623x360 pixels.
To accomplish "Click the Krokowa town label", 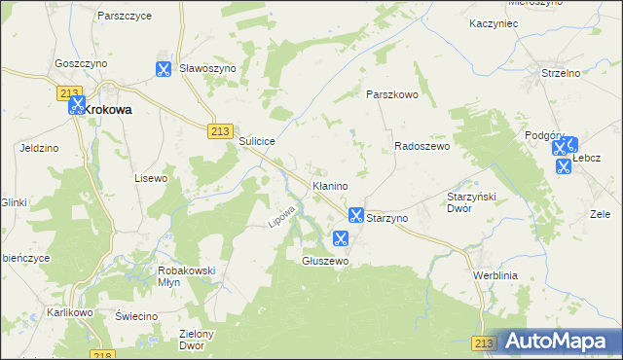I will [108, 110].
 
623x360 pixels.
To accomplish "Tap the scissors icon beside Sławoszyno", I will [163, 69].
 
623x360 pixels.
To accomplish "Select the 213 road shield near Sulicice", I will [220, 131].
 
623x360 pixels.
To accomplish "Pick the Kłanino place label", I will [330, 184].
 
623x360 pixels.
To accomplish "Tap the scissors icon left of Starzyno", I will [355, 215].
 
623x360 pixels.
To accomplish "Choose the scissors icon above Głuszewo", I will [341, 238].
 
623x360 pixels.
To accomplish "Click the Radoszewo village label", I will [421, 146].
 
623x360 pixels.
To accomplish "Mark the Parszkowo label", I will [391, 94].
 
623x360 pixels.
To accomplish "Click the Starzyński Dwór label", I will [472, 201].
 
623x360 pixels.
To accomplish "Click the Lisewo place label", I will [151, 178].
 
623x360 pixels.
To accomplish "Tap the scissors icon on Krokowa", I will [76, 106].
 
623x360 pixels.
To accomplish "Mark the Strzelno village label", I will [561, 72].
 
